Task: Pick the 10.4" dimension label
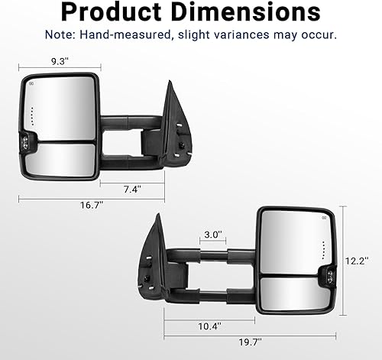coord(208,326)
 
